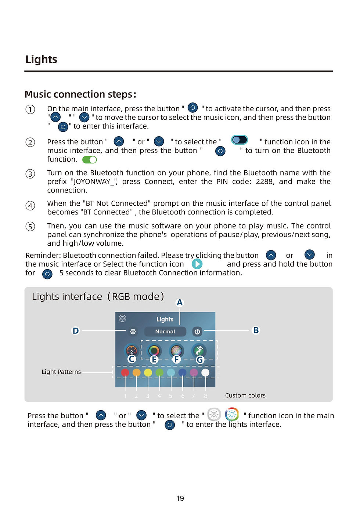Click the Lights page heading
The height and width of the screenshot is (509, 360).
tap(41, 59)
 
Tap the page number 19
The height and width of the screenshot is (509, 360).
tap(180, 498)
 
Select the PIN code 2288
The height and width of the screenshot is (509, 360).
tap(264, 181)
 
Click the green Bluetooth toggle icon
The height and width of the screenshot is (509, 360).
tap(89, 160)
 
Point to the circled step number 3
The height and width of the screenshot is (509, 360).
tap(30, 174)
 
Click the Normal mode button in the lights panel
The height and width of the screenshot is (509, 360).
tap(165, 332)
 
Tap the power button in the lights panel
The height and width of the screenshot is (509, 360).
tap(197, 332)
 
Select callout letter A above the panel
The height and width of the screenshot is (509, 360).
tap(180, 303)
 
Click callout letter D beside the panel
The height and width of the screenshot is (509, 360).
tap(76, 331)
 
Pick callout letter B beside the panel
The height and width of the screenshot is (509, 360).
tap(256, 331)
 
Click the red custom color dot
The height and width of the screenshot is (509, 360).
tap(125, 373)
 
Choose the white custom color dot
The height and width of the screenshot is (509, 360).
tap(205, 373)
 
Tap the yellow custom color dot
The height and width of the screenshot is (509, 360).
tap(148, 373)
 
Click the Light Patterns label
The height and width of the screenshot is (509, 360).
tap(61, 372)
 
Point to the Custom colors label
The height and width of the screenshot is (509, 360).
tap(245, 396)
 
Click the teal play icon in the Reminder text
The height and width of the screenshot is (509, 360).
tap(197, 264)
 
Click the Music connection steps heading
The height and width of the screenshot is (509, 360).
tap(80, 94)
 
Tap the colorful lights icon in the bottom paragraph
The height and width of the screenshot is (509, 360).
tap(232, 414)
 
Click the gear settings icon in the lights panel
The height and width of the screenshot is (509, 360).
tap(133, 332)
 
